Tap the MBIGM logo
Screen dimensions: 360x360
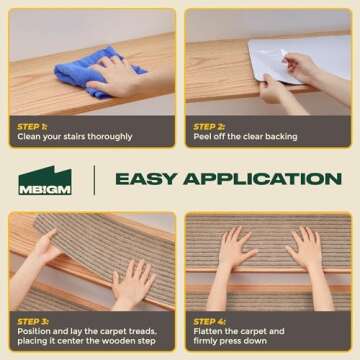45,180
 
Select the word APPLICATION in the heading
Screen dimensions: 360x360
262,179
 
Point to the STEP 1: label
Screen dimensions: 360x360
32,127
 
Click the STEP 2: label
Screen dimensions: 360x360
209,127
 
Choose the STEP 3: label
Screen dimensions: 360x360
33,322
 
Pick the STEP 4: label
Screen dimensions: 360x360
210,322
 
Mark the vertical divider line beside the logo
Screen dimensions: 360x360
94,180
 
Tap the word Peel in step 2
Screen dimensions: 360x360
201,137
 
